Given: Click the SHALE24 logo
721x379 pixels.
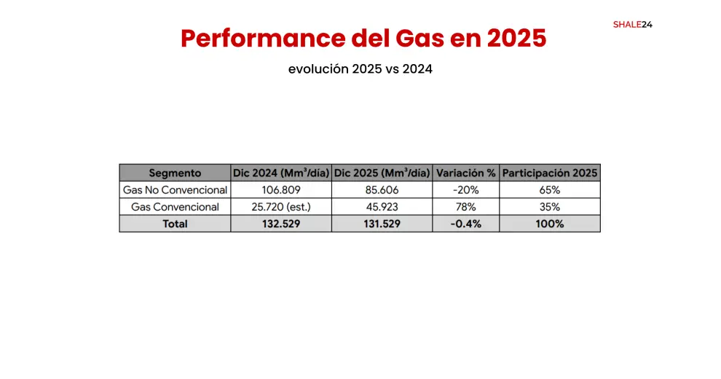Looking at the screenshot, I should (x=632, y=24).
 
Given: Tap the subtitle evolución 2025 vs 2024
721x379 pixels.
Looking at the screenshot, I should (x=360, y=70).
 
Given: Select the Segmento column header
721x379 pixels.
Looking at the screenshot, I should (x=175, y=173).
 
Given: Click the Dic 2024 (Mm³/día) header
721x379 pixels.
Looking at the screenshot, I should (x=280, y=173).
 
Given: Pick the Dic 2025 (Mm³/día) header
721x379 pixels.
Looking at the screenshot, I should (x=382, y=173).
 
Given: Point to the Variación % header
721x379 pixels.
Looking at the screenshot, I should (x=465, y=173).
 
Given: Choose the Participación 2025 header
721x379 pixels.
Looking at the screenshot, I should (x=550, y=173).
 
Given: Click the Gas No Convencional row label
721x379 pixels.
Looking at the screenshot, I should (x=175, y=189).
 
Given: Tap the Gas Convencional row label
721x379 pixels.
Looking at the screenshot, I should (x=175, y=207).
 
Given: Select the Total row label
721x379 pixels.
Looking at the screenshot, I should (x=175, y=224).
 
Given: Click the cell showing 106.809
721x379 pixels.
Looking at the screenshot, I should (x=280, y=189).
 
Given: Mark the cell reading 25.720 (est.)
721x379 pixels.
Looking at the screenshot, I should (x=280, y=207).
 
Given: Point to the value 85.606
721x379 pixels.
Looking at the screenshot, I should (x=382, y=189).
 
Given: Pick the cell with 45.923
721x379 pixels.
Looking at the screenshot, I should (x=382, y=207).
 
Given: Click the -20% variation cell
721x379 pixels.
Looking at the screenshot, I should (x=465, y=189).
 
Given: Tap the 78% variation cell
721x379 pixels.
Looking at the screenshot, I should (x=465, y=207).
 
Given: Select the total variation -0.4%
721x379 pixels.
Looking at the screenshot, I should (x=465, y=224).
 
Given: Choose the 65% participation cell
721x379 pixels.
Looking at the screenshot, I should (x=550, y=189).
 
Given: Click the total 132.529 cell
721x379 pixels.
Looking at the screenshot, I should (x=280, y=224).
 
